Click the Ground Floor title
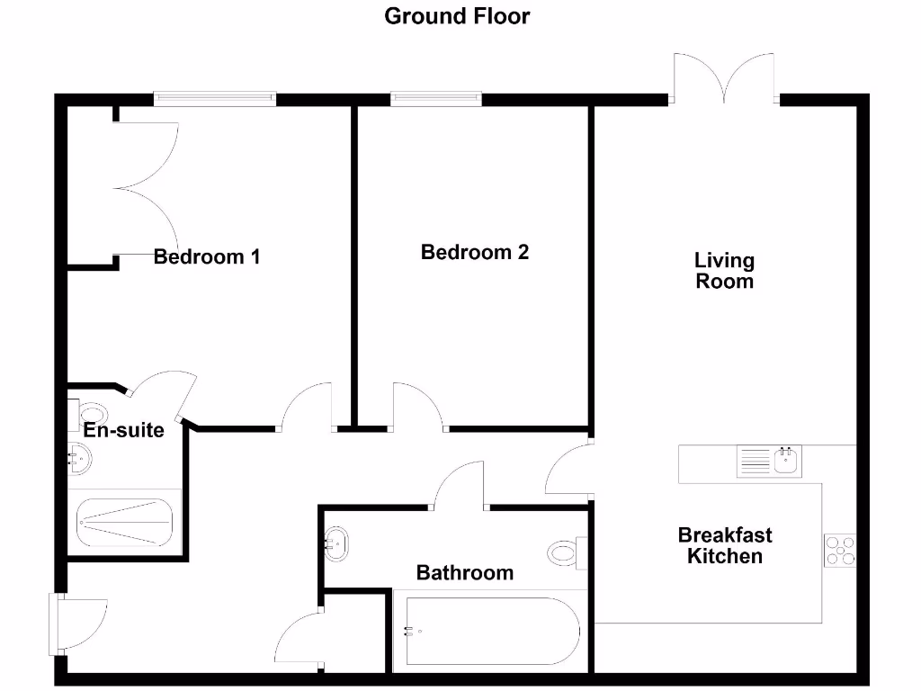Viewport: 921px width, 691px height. [x=457, y=15]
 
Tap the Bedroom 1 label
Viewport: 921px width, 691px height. [x=207, y=256]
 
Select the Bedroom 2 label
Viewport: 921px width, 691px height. [x=475, y=252]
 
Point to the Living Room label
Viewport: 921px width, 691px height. [x=724, y=270]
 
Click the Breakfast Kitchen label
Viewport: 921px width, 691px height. [x=725, y=545]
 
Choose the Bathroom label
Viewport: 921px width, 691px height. [x=465, y=572]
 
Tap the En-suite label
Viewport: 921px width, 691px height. [x=124, y=430]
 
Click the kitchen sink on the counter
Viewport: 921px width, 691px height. [x=770, y=462]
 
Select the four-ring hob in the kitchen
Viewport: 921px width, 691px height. [x=841, y=550]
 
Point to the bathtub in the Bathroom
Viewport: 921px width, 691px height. [x=490, y=631]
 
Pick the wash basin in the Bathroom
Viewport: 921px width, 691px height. [x=337, y=543]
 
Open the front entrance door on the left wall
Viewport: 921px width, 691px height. [x=76, y=623]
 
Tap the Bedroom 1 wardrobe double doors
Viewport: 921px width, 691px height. [x=144, y=187]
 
